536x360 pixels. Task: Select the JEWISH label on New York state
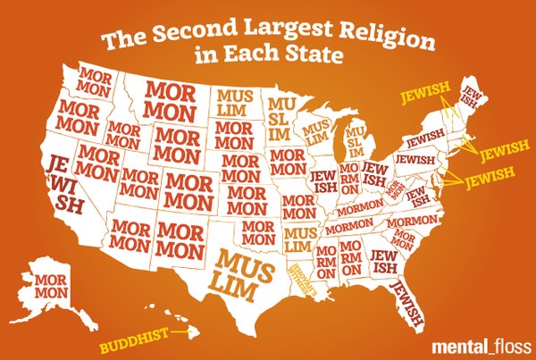(x=421, y=141)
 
